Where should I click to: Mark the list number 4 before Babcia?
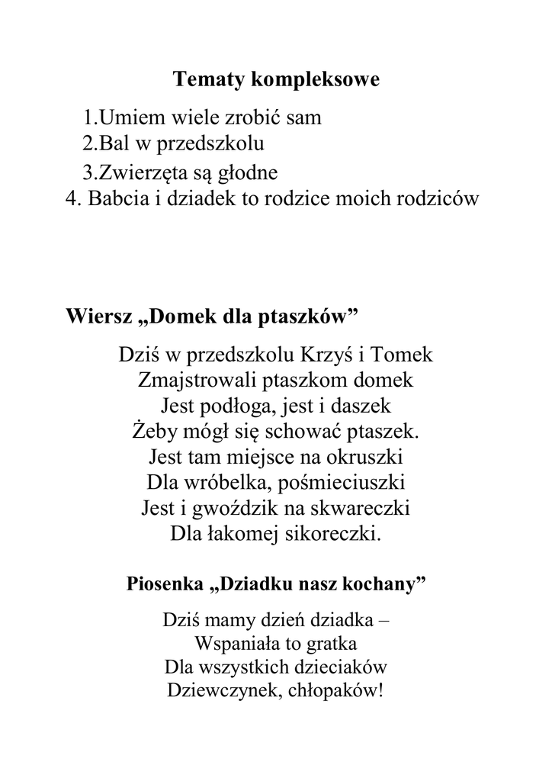click(72, 198)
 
